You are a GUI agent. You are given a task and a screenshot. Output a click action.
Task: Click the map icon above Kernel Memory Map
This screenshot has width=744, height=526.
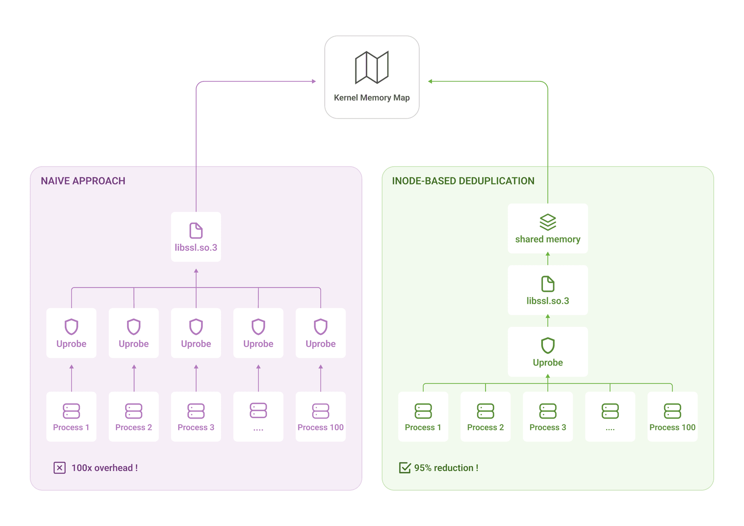pos(372,67)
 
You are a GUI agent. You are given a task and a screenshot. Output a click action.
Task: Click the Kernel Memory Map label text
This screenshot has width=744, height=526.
pos(372,98)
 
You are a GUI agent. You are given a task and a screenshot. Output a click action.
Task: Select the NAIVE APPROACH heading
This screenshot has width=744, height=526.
pos(83,181)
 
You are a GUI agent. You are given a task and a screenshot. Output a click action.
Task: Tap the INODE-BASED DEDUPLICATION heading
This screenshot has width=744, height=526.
pos(463,181)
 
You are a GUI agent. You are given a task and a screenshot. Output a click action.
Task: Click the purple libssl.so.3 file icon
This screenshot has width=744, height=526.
pos(196,231)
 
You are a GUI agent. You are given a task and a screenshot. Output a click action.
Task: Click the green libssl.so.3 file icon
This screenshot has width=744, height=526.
pos(548,284)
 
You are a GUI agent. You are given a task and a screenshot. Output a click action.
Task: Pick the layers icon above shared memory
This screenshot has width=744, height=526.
pos(548,222)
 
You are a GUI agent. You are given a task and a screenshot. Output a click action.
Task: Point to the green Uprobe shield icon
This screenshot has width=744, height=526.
pos(548,345)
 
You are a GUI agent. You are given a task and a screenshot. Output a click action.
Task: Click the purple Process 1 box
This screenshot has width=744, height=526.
pos(71,416)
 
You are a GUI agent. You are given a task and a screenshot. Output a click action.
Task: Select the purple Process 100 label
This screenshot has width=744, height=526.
pos(320,428)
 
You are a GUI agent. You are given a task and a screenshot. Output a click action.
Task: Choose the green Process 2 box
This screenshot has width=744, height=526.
pos(485,416)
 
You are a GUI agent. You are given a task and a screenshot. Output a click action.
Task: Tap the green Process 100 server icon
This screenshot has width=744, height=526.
pos(672,411)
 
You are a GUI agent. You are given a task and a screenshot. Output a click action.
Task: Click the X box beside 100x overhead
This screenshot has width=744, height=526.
pos(59,468)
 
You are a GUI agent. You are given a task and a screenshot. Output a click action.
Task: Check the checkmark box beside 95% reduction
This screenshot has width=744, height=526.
pos(405,468)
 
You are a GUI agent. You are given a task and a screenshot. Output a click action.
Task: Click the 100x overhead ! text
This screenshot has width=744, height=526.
pos(105,468)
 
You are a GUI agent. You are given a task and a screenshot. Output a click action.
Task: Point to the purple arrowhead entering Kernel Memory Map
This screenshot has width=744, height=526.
pos(314,81)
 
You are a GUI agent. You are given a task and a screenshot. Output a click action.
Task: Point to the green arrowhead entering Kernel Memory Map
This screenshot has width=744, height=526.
pos(430,81)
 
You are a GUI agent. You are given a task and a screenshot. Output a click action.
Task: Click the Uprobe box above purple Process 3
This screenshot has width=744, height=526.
pos(196,333)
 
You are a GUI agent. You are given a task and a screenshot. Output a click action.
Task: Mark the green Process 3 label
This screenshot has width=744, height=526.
pos(548,428)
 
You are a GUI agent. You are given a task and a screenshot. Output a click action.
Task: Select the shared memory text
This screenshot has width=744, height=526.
pos(548,240)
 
